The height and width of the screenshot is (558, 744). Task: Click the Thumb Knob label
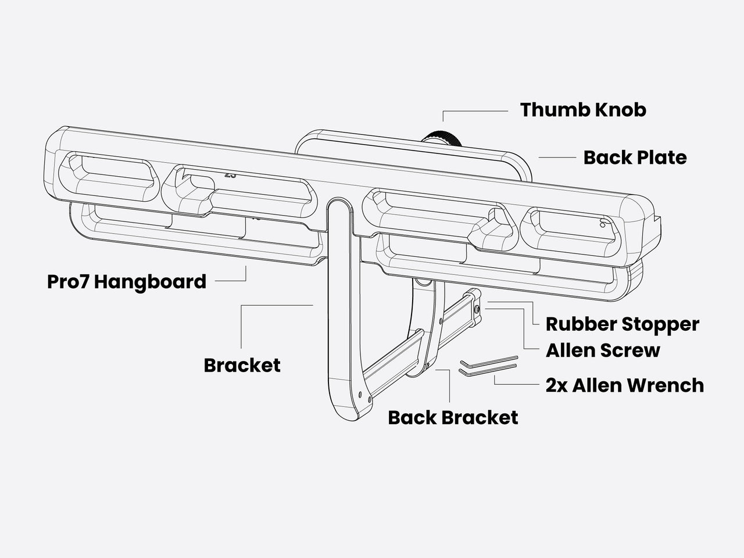coord(582,110)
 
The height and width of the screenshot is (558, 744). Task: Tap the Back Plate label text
coord(635,158)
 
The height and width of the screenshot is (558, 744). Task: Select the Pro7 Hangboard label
coord(127,282)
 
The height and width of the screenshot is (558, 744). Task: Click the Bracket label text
coord(242,366)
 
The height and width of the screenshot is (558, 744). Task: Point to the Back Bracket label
coord(453,417)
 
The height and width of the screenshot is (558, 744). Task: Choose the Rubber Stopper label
coord(622,324)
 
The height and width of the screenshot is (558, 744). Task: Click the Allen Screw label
coord(603,350)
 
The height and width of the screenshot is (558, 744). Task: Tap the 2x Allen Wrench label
coord(624,385)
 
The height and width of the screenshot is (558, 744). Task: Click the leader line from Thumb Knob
coord(474,111)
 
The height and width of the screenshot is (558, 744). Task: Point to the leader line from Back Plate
coord(557,158)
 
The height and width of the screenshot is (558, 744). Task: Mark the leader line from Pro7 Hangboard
coord(231,281)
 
